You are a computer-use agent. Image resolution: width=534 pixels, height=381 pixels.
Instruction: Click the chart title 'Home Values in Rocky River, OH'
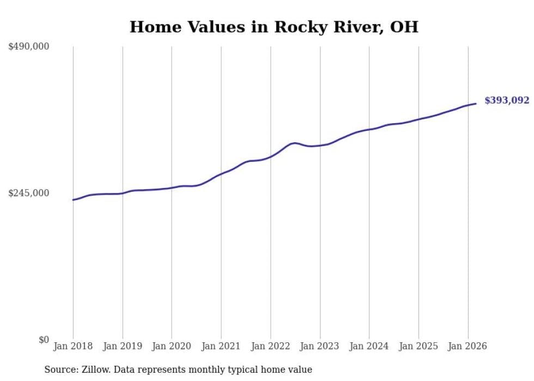(x=274, y=27)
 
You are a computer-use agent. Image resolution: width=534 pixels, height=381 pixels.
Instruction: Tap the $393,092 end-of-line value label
(x=507, y=100)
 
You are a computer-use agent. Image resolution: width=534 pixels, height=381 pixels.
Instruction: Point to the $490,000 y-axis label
(x=29, y=47)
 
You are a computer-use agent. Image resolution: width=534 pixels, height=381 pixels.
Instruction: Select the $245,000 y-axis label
(x=29, y=193)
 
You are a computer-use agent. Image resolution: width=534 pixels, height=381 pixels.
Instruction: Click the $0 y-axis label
(x=44, y=340)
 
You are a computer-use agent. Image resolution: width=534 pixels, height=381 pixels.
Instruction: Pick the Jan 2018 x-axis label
(x=73, y=346)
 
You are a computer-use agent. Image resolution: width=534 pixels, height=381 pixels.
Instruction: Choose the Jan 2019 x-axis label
(x=123, y=346)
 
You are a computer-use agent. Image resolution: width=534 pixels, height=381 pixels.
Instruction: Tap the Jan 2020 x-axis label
(x=172, y=346)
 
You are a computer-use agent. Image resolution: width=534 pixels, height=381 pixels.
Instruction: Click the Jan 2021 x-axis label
(x=221, y=346)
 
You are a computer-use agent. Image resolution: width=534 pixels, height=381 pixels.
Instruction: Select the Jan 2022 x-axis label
(x=270, y=346)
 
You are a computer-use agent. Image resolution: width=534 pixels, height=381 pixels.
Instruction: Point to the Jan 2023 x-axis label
(x=320, y=346)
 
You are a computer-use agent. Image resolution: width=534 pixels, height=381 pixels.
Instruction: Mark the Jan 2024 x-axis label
(x=369, y=346)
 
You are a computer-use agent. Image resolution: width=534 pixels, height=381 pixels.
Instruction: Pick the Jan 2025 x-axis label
(x=418, y=346)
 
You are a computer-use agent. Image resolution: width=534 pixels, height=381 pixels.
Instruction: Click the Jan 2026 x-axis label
(x=468, y=346)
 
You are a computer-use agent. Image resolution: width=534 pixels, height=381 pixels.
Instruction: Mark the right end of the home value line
(x=476, y=104)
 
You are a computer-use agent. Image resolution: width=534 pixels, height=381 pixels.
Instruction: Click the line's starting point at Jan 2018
(x=73, y=200)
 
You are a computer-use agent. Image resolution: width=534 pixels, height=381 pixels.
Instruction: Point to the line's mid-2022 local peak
(x=295, y=143)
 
